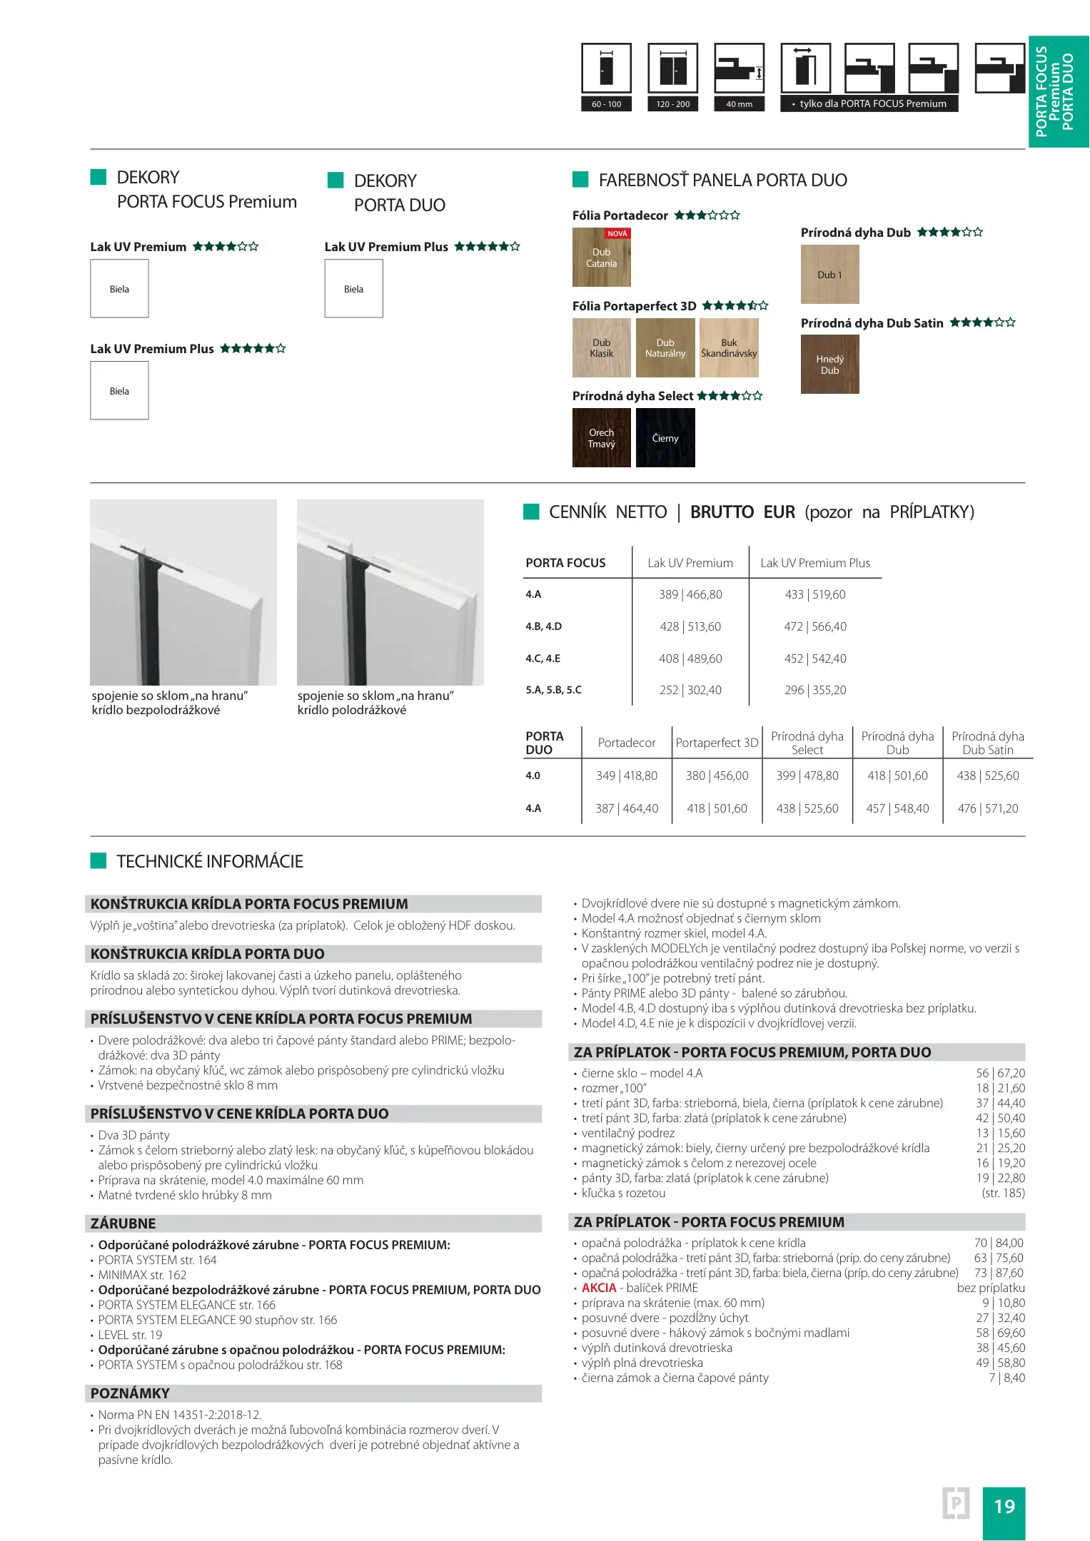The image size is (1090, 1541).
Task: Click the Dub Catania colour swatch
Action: point(601,258)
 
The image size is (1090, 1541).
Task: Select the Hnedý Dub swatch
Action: point(829,365)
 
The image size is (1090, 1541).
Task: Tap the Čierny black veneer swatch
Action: point(665,438)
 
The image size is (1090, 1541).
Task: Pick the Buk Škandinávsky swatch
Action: point(729,348)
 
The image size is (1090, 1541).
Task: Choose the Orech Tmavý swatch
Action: point(601,438)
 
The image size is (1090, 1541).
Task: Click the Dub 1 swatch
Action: point(829,275)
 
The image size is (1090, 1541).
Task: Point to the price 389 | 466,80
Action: point(690,594)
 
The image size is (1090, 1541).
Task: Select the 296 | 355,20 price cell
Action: point(815,690)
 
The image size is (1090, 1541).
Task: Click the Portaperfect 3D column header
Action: point(717,743)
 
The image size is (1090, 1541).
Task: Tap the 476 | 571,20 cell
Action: point(988,808)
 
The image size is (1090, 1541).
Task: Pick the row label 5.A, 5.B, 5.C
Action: point(553,690)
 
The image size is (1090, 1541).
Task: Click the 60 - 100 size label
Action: point(606,104)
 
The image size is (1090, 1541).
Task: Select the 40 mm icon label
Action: point(739,104)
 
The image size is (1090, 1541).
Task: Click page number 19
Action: point(1004,1506)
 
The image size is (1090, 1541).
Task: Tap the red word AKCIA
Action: point(598,1288)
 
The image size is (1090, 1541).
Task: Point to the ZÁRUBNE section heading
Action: point(123,1224)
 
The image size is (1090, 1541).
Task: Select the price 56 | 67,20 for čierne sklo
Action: point(1000,1073)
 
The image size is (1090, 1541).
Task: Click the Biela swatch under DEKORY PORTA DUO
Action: point(353,289)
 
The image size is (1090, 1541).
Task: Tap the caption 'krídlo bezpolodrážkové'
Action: point(156,710)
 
